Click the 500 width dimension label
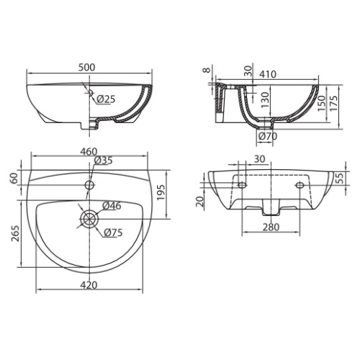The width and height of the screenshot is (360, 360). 87,68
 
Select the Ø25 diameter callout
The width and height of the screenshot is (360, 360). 107,99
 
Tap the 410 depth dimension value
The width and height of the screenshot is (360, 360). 268,74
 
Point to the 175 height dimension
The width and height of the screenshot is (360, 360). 334,103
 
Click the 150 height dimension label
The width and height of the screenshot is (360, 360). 322,103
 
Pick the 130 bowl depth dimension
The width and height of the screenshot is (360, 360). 265,100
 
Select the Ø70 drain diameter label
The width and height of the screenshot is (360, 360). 268,136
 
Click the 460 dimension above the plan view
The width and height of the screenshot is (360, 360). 89,152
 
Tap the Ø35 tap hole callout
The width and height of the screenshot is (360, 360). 104,161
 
